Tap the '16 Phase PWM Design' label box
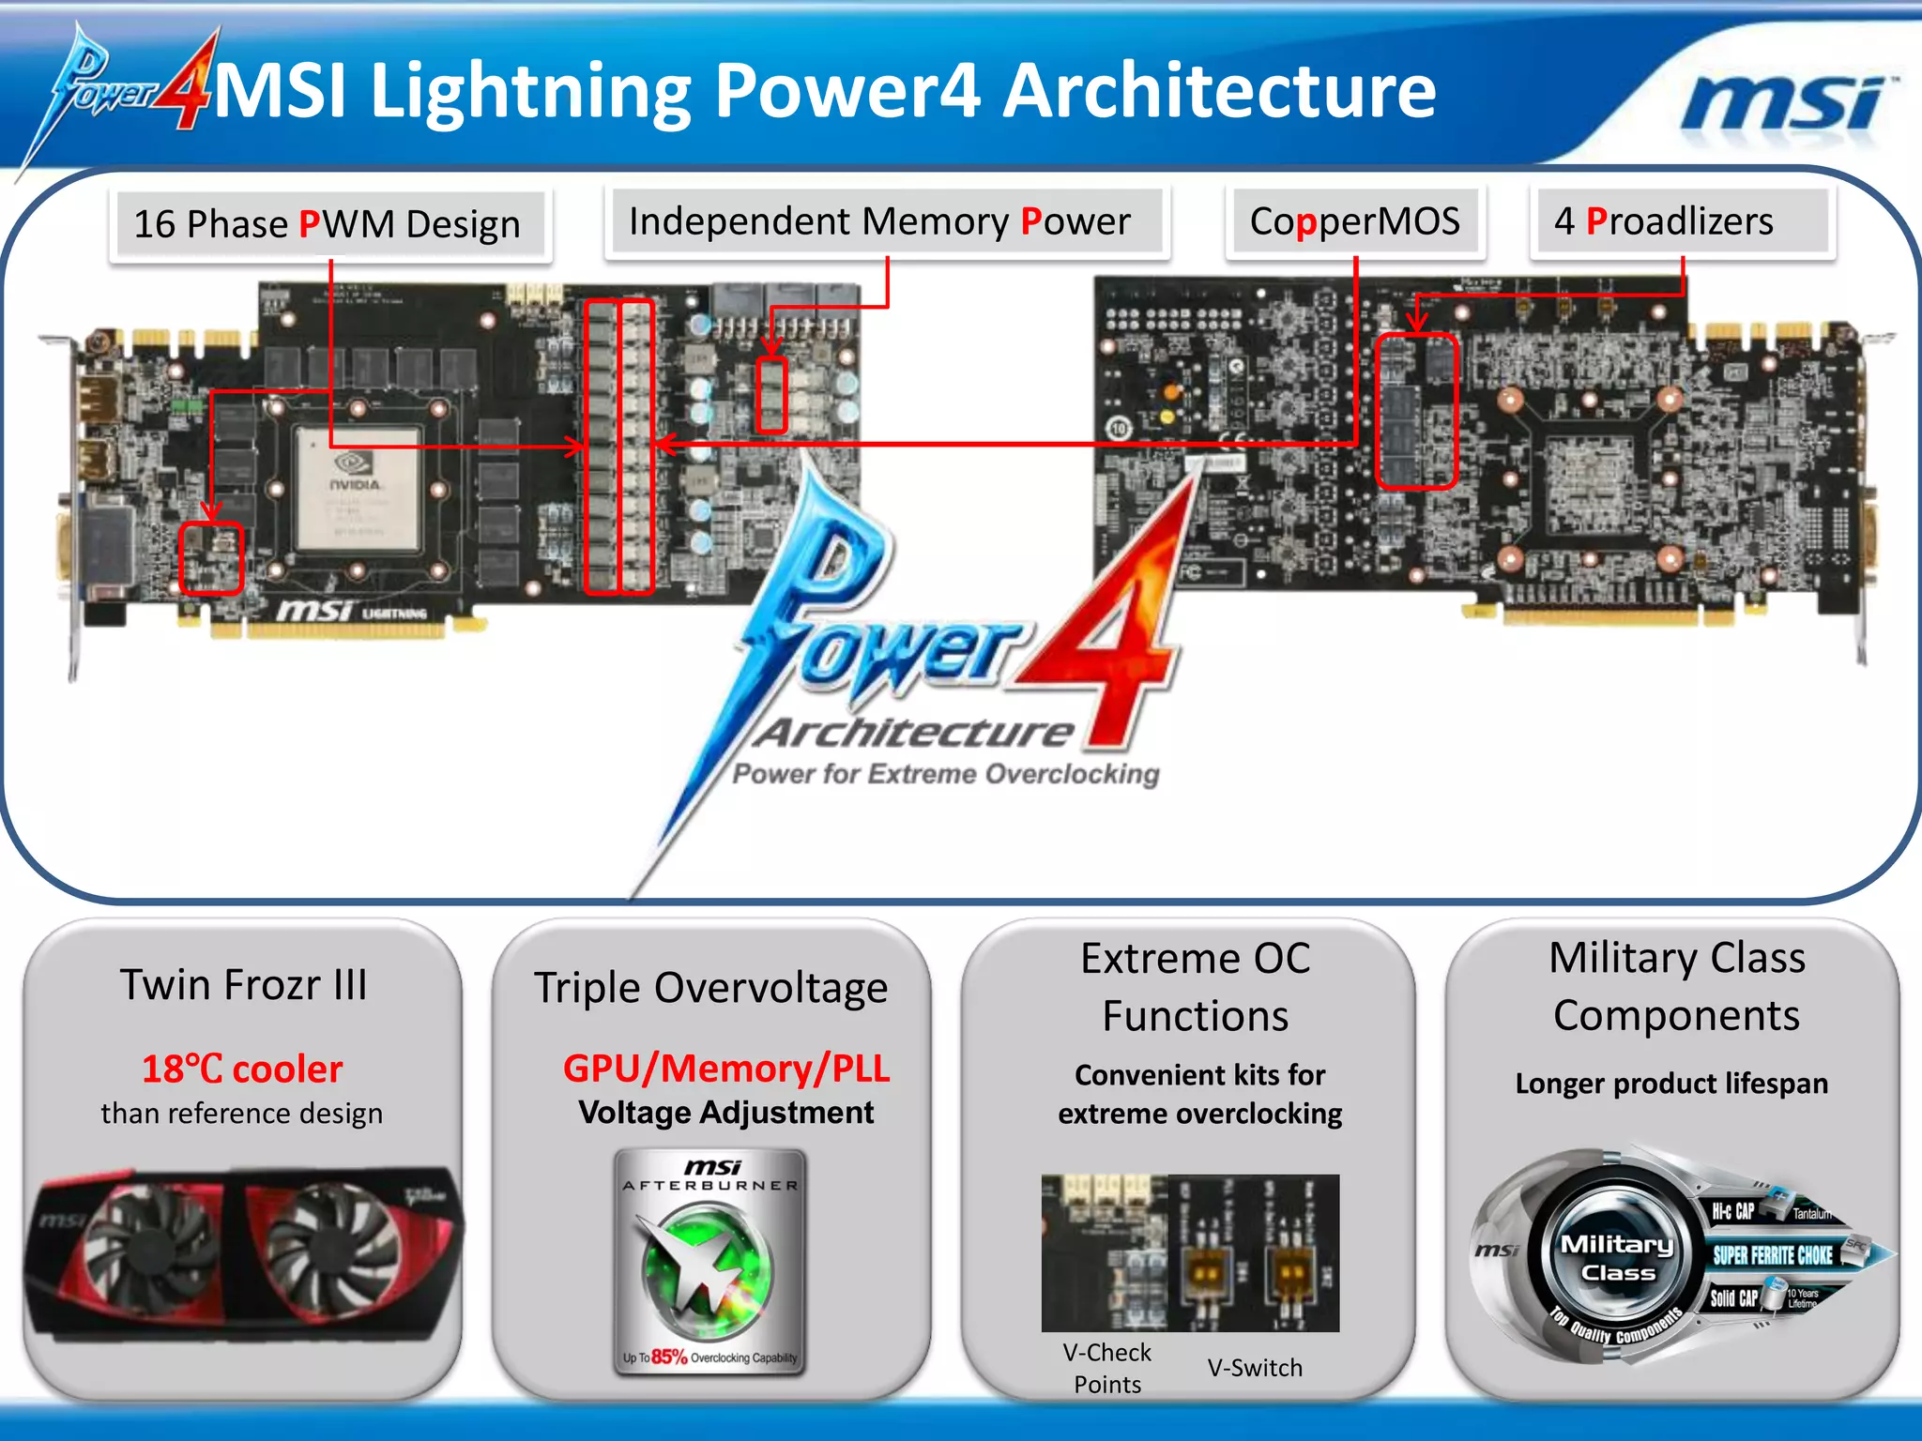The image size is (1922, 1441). click(x=328, y=224)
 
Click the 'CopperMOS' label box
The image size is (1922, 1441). click(x=1354, y=222)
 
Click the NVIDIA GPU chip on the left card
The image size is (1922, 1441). click(x=358, y=488)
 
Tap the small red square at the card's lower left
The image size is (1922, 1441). click(x=211, y=558)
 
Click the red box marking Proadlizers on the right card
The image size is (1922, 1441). click(x=1416, y=411)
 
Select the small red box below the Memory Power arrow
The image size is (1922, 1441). click(x=771, y=394)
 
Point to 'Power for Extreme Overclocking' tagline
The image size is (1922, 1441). click(x=945, y=774)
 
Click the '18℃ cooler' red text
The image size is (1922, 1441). click(x=242, y=1069)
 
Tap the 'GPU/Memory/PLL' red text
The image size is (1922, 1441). click(x=726, y=1069)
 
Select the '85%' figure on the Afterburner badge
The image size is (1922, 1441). click(x=669, y=1357)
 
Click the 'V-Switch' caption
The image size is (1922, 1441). click(x=1255, y=1368)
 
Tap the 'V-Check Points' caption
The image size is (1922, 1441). click(x=1107, y=1368)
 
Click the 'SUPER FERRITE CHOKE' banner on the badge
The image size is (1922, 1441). click(x=1773, y=1256)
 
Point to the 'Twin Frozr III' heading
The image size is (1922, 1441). click(x=243, y=985)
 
